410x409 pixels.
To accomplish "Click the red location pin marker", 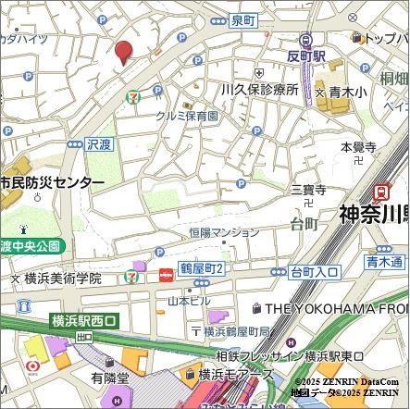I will pos(122,52).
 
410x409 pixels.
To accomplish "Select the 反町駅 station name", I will pos(306,56).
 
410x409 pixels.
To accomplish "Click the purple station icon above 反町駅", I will pos(307,39).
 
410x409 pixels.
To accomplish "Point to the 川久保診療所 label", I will pos(258,90).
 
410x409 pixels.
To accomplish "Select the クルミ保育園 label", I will pos(186,116).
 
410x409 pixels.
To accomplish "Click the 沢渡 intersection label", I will pos(98,145).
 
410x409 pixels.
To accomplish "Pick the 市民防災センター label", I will pos(51,183).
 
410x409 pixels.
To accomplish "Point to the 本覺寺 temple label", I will pos(357,148).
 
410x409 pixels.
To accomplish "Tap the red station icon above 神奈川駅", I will pos(380,191).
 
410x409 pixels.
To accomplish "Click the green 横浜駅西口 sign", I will pos(83,321).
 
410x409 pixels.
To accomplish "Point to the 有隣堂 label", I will pos(109,377).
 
